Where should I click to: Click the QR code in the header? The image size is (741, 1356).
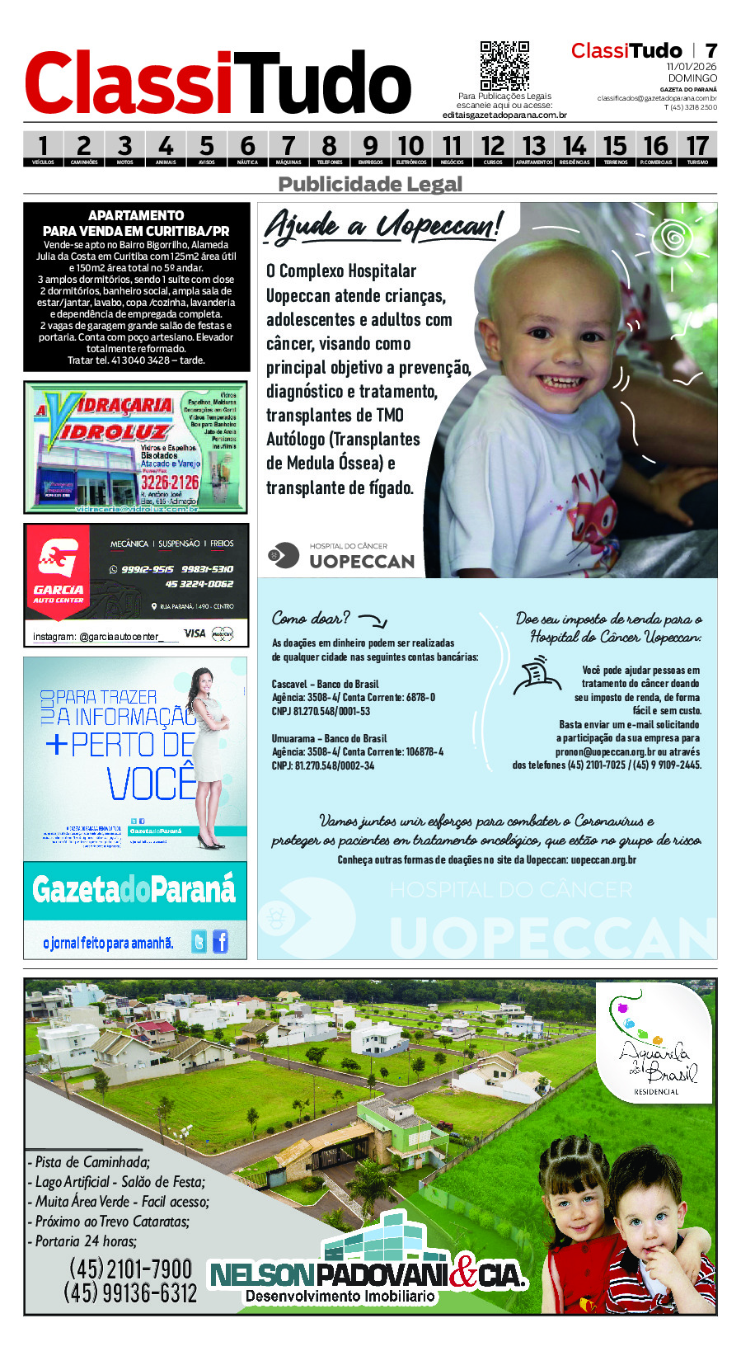pos(504,66)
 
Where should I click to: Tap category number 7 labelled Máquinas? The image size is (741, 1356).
pos(288,148)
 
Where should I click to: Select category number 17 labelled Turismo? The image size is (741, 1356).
pos(697,148)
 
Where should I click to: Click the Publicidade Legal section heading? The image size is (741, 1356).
pos(370,184)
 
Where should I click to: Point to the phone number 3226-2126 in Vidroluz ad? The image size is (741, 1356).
pos(170,482)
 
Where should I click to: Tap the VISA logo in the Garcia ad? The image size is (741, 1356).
pos(195,633)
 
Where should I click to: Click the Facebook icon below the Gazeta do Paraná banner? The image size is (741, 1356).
pos(220,941)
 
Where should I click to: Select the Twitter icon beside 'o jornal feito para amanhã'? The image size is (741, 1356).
pos(199,941)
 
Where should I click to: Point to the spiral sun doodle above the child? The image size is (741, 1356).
pos(674,239)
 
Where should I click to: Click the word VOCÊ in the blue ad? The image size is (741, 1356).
pos(152,784)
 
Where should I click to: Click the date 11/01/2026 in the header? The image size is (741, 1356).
pos(692,67)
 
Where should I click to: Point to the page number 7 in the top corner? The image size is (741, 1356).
pos(711,51)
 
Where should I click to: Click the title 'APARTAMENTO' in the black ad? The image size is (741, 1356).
pos(136,215)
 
